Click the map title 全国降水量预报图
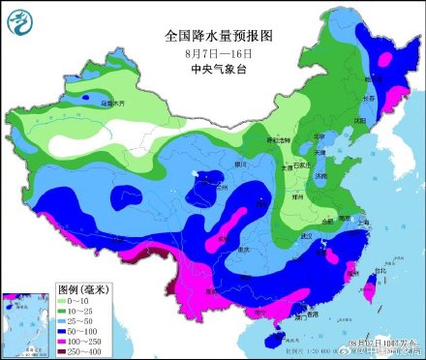pyautogui.click(x=220, y=35)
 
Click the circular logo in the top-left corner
pyautogui.click(x=17, y=17)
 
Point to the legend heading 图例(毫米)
pyautogui.click(x=82, y=289)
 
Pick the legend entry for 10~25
pyautogui.click(x=82, y=312)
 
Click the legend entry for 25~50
pyautogui.click(x=82, y=321)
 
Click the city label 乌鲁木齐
pyautogui.click(x=115, y=103)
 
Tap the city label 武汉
pyautogui.click(x=311, y=236)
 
